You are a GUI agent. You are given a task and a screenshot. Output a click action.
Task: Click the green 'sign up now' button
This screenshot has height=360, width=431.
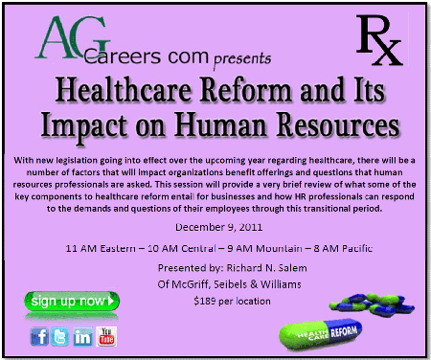coord(72,301)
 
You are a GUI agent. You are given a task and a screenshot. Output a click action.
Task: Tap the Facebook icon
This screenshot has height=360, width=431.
coord(39,336)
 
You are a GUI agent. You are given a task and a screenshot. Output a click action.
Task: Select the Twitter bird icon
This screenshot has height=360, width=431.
coord(59,336)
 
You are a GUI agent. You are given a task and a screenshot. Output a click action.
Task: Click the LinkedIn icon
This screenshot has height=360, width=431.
coord(83,336)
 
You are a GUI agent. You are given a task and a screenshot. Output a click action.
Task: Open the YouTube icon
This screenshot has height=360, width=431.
coord(106,336)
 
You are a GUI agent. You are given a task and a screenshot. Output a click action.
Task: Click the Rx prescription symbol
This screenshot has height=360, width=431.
coord(379,40)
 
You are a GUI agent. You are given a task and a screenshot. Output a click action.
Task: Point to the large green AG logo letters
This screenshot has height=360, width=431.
coord(72,37)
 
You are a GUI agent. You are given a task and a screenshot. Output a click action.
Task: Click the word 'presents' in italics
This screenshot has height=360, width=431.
coord(242,59)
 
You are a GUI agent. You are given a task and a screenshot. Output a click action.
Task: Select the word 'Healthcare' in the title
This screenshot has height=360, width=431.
coord(124,90)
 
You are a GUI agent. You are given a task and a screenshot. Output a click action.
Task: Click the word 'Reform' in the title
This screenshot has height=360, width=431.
coord(246,90)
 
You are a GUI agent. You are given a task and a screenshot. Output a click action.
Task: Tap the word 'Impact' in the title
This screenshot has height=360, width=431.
coord(84,125)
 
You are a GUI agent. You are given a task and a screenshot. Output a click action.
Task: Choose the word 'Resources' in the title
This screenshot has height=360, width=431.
coord(337,124)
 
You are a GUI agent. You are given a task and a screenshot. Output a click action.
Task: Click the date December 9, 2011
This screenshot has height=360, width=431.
coord(219,227)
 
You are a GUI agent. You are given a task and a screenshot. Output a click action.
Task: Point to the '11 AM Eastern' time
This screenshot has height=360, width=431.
coord(101,248)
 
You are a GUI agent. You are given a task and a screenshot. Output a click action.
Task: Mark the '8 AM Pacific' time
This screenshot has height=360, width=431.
coord(343,248)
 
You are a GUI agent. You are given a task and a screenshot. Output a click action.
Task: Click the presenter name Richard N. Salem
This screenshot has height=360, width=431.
coord(266,268)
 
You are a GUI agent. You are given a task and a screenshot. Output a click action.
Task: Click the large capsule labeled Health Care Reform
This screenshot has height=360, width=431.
coord(321,334)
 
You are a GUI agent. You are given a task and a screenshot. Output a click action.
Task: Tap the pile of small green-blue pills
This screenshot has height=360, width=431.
coord(373,304)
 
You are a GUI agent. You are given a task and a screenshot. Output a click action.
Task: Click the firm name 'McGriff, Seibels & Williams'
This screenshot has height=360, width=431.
coord(238,284)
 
